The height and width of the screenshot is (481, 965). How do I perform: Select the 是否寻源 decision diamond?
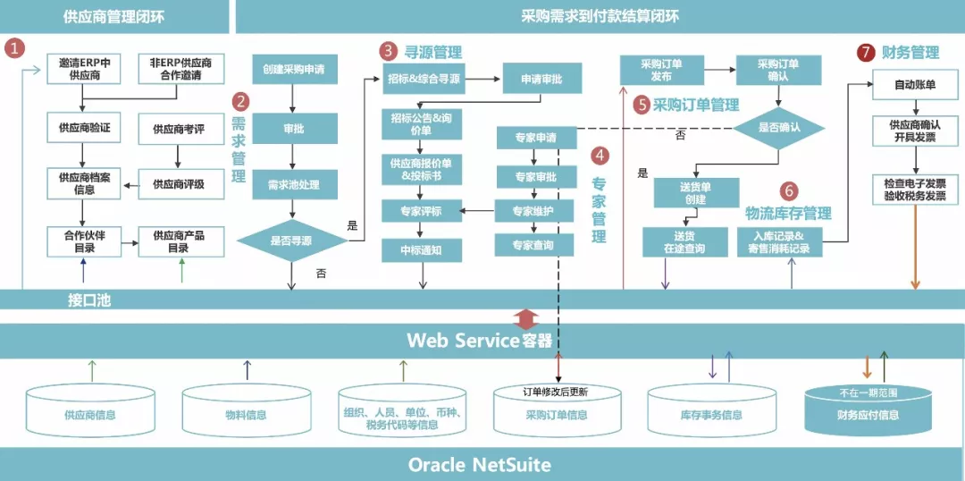tap(292, 240)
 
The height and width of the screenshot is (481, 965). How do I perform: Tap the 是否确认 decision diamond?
tap(778, 127)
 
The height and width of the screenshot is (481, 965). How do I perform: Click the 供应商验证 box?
tap(85, 129)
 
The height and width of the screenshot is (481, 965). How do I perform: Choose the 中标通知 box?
tap(422, 251)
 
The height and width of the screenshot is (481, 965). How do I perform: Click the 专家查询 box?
tap(533, 244)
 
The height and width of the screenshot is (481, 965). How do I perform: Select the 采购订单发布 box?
tap(661, 70)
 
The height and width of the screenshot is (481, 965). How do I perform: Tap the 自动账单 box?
tap(915, 85)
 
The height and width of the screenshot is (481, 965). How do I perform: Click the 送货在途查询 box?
tap(684, 242)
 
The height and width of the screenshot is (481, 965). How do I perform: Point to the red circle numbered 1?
tap(15, 48)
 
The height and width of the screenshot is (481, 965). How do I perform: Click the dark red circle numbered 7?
tap(865, 53)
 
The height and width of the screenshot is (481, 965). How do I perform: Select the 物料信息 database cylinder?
tap(246, 413)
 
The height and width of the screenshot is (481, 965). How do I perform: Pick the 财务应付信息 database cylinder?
tap(868, 410)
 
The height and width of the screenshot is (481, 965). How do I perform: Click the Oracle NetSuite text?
tap(479, 465)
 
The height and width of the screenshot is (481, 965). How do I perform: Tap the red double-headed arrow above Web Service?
tap(528, 317)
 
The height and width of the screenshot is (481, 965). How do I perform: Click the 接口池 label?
tap(88, 300)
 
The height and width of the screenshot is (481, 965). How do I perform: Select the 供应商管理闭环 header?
tap(114, 16)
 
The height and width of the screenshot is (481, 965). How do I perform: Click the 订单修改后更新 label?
tap(556, 392)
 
